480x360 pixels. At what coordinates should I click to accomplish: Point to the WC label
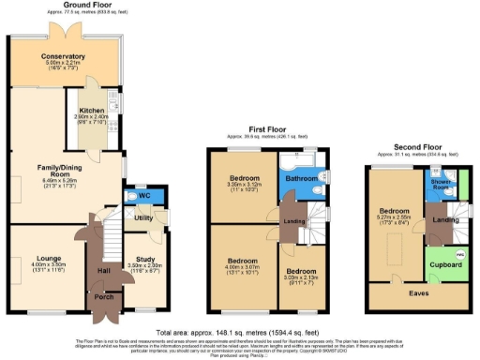tap(143, 195)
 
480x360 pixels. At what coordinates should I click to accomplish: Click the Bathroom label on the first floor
tap(301, 177)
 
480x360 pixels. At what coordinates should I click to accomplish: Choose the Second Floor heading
tap(418, 147)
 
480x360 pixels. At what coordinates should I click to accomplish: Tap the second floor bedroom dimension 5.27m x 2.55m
tap(395, 217)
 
